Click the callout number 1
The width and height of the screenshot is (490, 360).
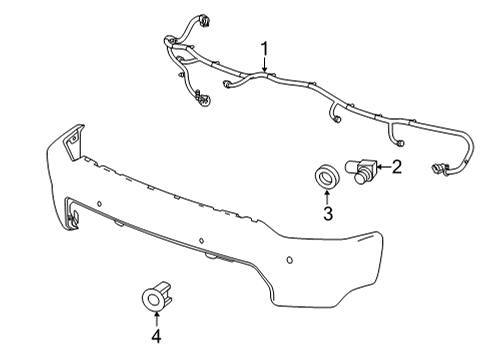pyautogui.click(x=265, y=48)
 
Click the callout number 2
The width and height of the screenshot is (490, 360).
pyautogui.click(x=396, y=167)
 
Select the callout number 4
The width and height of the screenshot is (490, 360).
pyautogui.click(x=155, y=335)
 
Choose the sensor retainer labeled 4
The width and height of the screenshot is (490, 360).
pyautogui.click(x=155, y=296)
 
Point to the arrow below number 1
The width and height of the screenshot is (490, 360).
pyautogui.click(x=265, y=65)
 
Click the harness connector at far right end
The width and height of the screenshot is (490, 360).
pyautogui.click(x=441, y=168)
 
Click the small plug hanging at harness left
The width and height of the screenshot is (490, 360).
pyautogui.click(x=204, y=99)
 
